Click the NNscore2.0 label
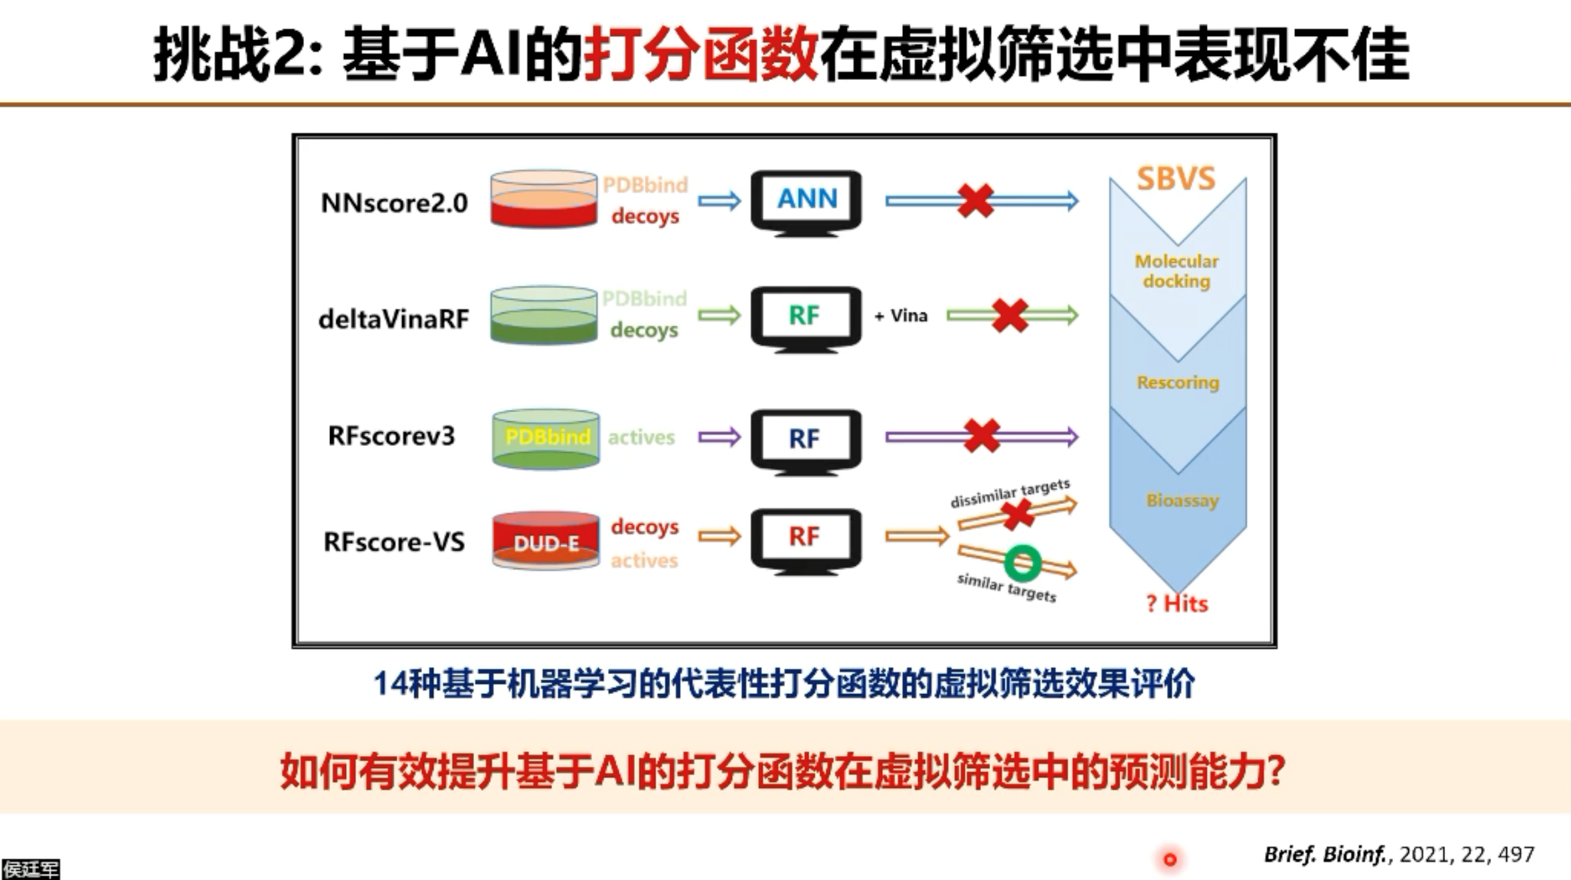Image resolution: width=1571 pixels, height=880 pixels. tap(394, 203)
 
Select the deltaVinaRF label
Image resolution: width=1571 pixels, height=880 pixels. tap(393, 319)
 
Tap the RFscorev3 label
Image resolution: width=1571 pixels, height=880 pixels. tap(391, 436)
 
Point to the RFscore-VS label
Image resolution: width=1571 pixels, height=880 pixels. tap(393, 541)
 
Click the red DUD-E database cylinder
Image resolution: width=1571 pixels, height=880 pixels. tap(545, 540)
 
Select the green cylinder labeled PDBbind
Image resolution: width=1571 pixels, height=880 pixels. tap(546, 437)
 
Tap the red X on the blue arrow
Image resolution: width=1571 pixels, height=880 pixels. tap(976, 201)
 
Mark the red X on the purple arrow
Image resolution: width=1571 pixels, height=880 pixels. tap(982, 436)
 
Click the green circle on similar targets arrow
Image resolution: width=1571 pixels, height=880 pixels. tap(1022, 563)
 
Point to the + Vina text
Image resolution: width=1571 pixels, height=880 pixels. tap(901, 315)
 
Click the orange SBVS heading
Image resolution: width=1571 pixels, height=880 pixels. tap(1176, 179)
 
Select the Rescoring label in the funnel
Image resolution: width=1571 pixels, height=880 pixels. tap(1178, 383)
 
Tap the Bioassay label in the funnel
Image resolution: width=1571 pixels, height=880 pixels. tap(1182, 500)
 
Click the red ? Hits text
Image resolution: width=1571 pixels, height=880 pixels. tap(1177, 603)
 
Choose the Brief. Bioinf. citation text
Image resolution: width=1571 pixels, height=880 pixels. tap(1399, 854)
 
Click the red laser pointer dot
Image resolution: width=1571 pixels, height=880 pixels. tap(1170, 859)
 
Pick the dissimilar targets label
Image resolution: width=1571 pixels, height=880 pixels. tap(1010, 493)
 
